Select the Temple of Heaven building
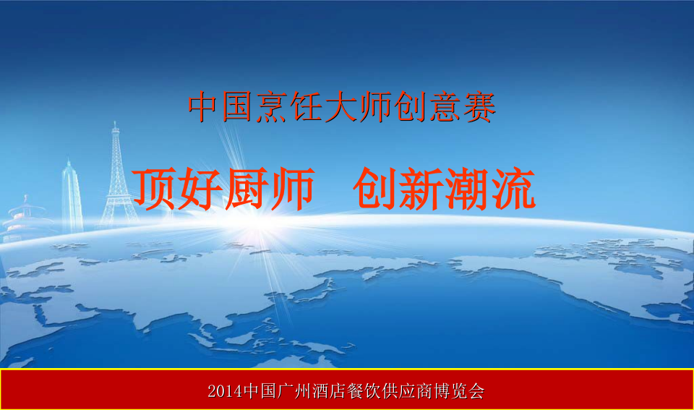pyautogui.click(x=27, y=220)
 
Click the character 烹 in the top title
pyautogui.click(x=272, y=107)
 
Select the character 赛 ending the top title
pyautogui.click(x=480, y=107)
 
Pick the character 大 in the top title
pyautogui.click(x=340, y=107)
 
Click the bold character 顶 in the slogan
pyautogui.click(x=154, y=188)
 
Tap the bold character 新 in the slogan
pyautogui.click(x=421, y=188)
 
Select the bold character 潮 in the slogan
pyautogui.click(x=467, y=188)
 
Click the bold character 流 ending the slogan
pyautogui.click(x=513, y=188)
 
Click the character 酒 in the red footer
pyautogui.click(x=320, y=391)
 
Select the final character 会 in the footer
pyautogui.click(x=476, y=391)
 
